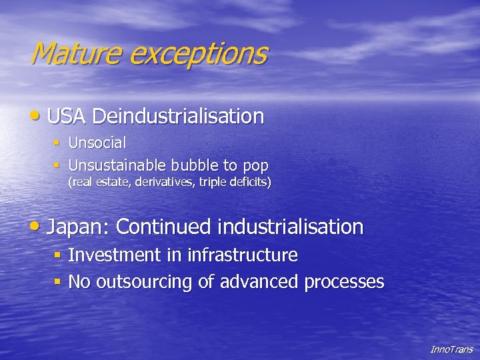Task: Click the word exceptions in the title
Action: point(198,54)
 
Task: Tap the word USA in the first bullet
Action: point(67,117)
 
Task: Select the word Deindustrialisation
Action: point(178,117)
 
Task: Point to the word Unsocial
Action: point(97,143)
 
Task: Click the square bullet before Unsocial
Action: point(58,143)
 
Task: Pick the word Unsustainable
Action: point(117,165)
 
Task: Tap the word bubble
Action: point(194,165)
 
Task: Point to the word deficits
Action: point(247,181)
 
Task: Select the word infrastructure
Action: point(242,255)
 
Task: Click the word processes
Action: point(344,283)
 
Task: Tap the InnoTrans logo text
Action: point(451,349)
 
